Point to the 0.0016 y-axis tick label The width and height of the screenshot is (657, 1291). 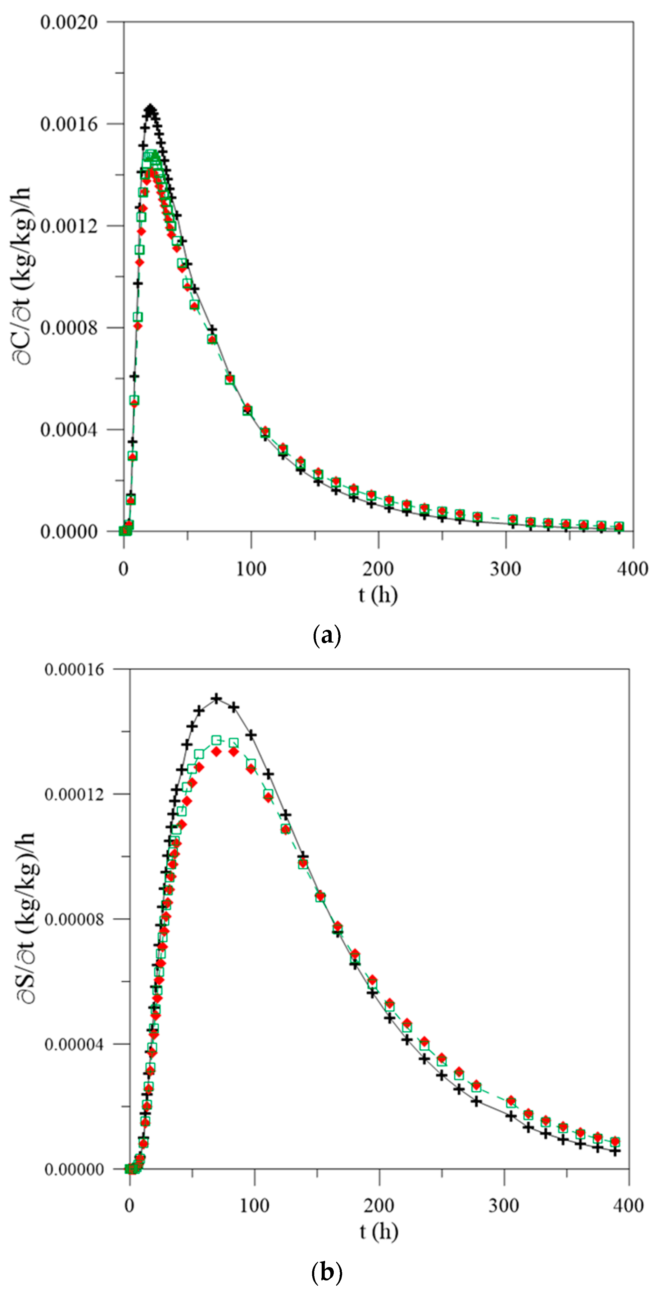tap(69, 124)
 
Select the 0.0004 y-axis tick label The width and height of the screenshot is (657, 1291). tap(69, 430)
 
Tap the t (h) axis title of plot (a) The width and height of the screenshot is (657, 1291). tap(378, 595)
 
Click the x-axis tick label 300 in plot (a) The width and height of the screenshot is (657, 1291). tap(505, 569)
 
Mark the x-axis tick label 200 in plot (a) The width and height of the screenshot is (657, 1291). tap(378, 569)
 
